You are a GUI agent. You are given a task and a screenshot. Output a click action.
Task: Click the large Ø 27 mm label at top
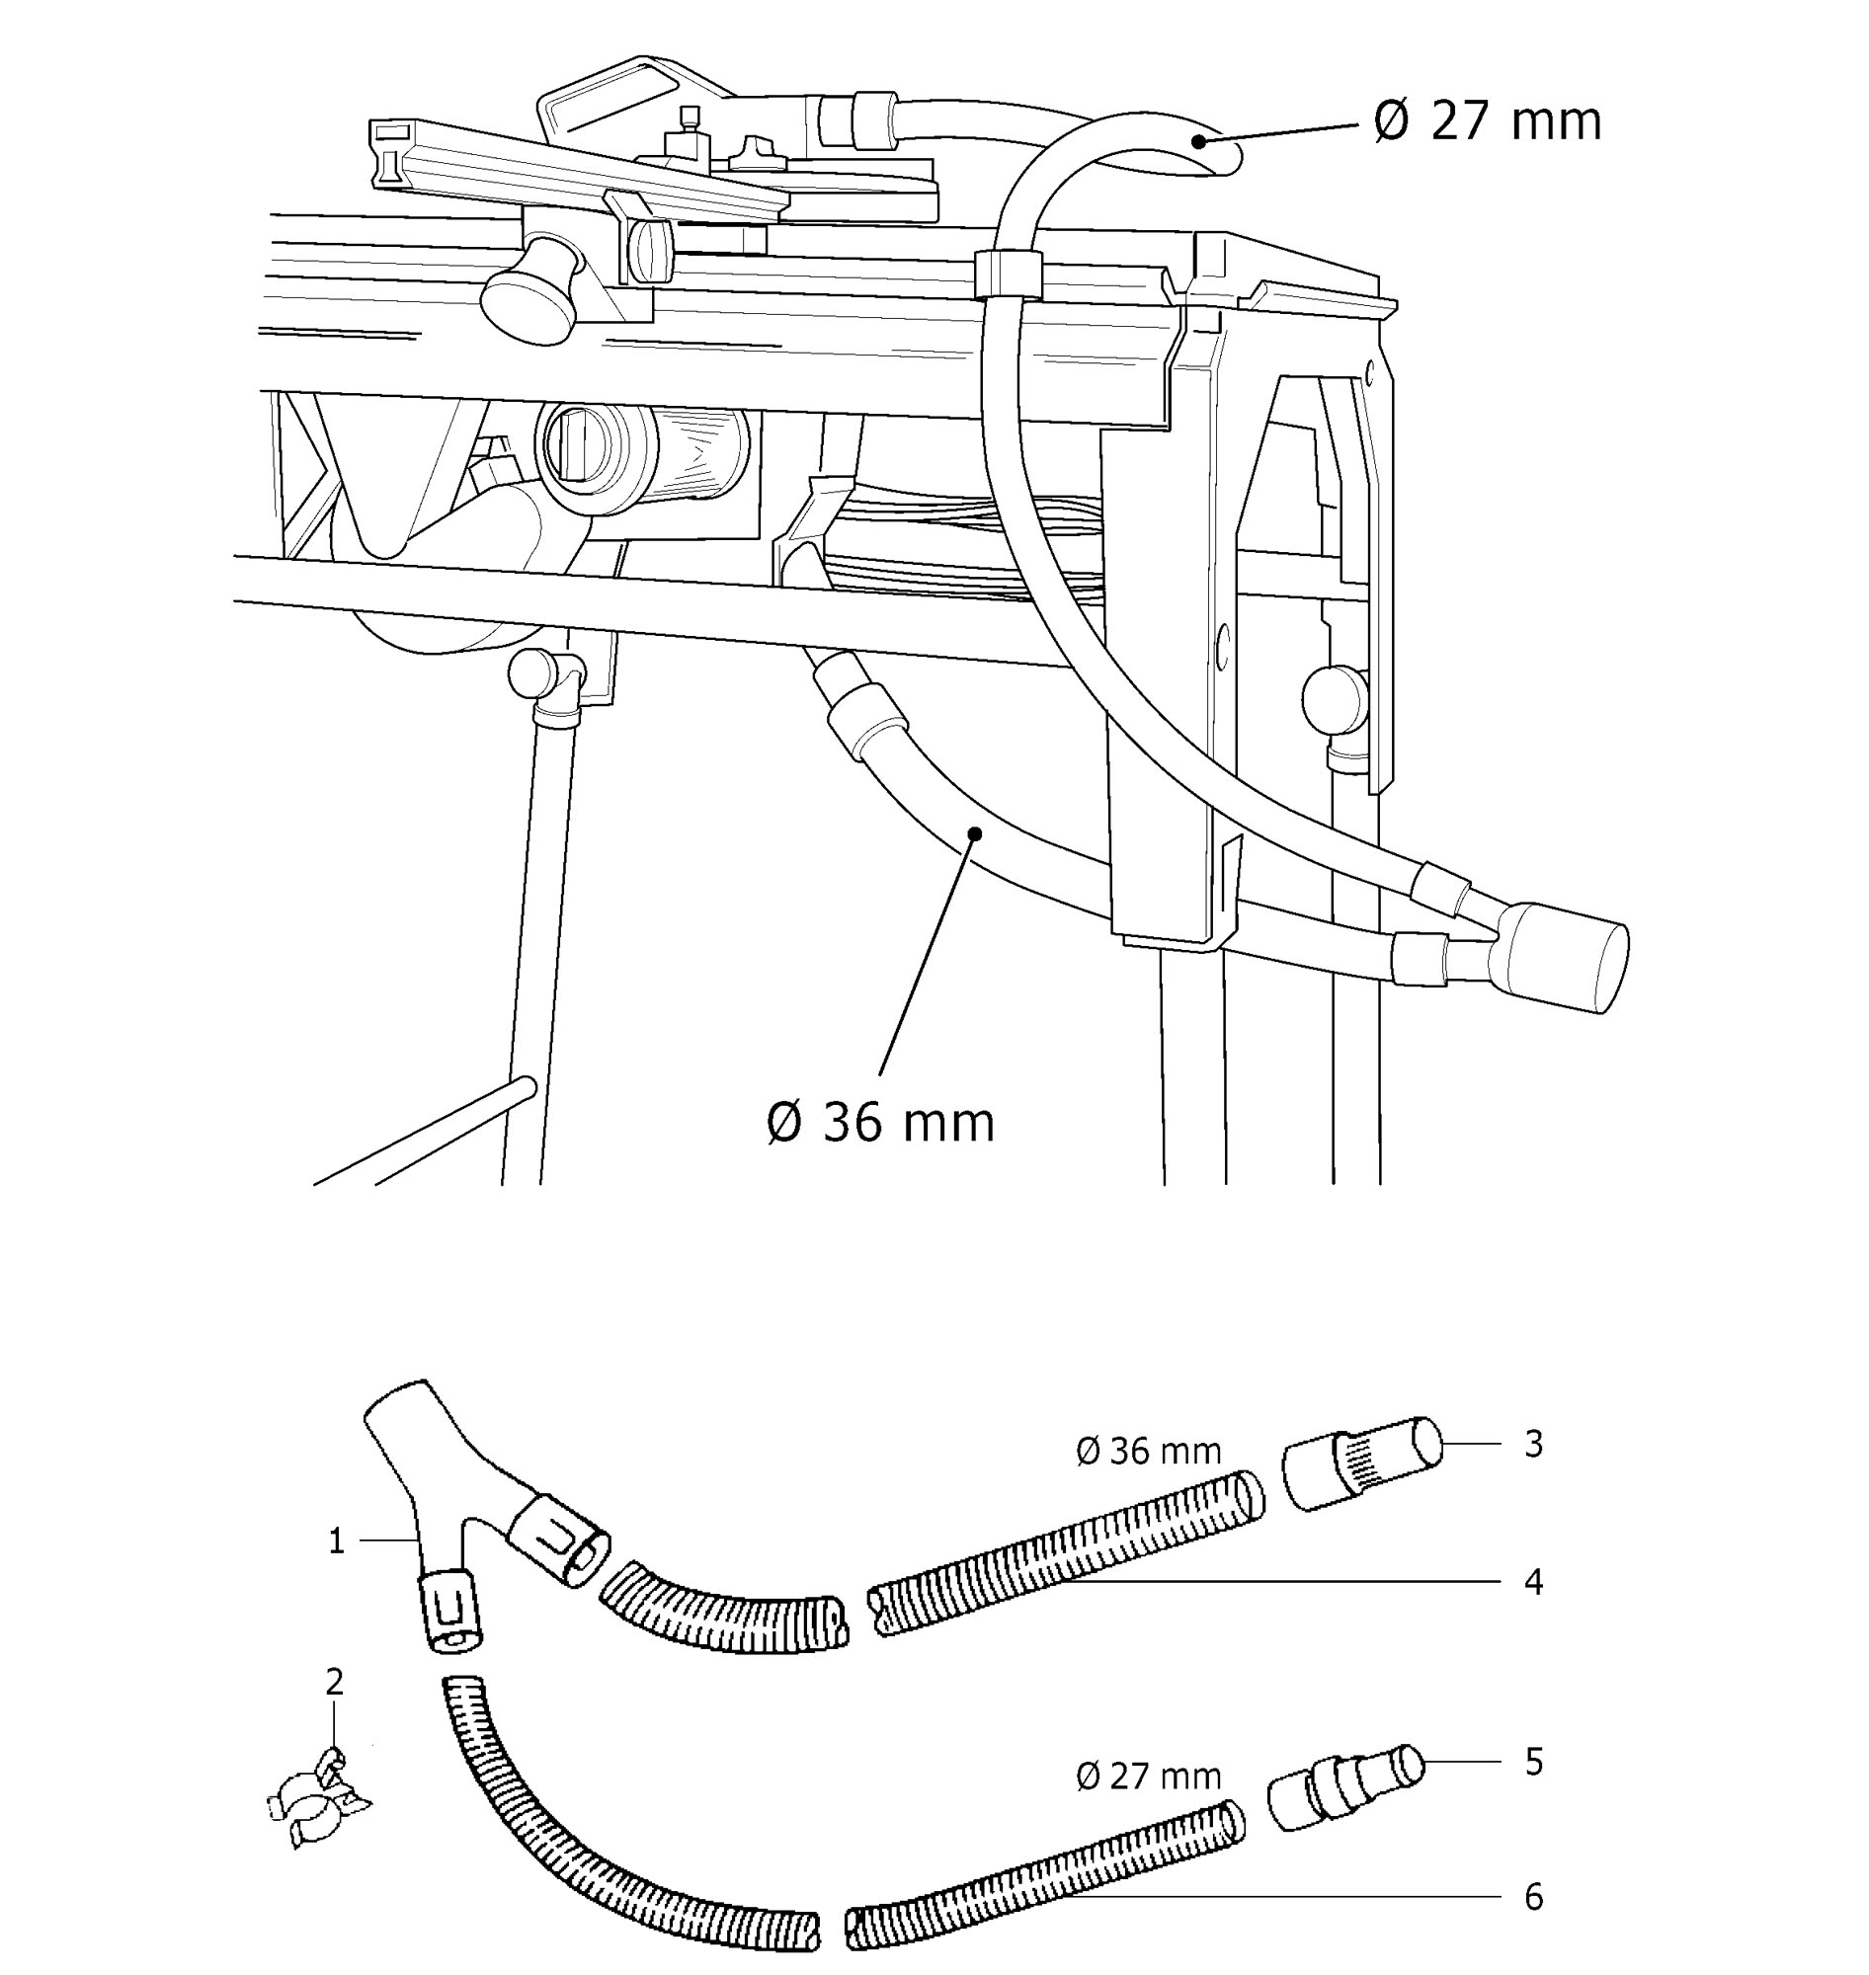coord(1488,121)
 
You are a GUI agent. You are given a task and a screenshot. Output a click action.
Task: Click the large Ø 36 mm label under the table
coord(882,1123)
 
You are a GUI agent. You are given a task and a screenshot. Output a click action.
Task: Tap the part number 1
coord(337,1541)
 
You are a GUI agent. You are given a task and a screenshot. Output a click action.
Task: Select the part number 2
coord(335,1681)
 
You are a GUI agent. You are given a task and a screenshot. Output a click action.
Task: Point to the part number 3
coord(1533,1444)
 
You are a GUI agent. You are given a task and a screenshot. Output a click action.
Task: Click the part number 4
coord(1533,1582)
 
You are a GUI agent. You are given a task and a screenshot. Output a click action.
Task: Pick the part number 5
coord(1533,1762)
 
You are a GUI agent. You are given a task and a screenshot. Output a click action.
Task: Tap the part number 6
coord(1533,1897)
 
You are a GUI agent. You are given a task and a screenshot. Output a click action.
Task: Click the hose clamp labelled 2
coord(319,1798)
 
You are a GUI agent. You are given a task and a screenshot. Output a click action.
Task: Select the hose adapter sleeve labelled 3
coord(1361,1463)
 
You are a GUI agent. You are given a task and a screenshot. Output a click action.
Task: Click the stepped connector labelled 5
coord(1345,1786)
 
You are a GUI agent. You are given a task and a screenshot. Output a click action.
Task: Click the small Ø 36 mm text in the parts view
coord(1149,1451)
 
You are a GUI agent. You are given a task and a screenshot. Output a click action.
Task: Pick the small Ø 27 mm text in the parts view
coord(1149,1776)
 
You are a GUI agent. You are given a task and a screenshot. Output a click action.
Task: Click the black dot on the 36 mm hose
coord(975,831)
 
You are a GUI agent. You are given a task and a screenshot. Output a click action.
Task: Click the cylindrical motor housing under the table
coord(643,457)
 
